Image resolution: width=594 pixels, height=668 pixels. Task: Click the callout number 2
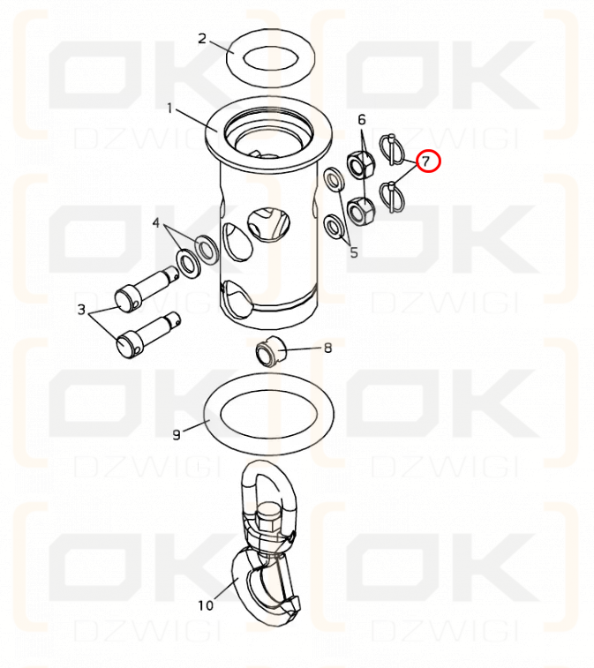pyautogui.click(x=202, y=39)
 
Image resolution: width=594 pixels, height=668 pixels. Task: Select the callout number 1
pyautogui.click(x=170, y=109)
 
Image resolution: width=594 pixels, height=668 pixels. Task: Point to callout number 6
pyautogui.click(x=361, y=120)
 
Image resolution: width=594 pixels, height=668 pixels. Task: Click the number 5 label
pyautogui.click(x=354, y=252)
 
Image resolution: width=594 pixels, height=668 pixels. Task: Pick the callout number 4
pyautogui.click(x=156, y=222)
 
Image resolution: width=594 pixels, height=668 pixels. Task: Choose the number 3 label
pyautogui.click(x=81, y=310)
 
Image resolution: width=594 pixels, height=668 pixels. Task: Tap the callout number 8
pyautogui.click(x=327, y=348)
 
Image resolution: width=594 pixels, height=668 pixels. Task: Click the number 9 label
pyautogui.click(x=177, y=435)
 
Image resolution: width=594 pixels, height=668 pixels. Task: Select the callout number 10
pyautogui.click(x=205, y=605)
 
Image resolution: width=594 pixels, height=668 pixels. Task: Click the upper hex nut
pyautogui.click(x=362, y=164)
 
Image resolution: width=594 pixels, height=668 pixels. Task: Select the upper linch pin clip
pyautogui.click(x=391, y=149)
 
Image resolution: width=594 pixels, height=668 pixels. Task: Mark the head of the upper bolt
pyautogui.click(x=126, y=300)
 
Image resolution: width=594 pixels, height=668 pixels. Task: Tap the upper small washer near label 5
pyautogui.click(x=335, y=179)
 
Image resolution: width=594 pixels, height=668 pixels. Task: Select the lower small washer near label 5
pyautogui.click(x=335, y=227)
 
